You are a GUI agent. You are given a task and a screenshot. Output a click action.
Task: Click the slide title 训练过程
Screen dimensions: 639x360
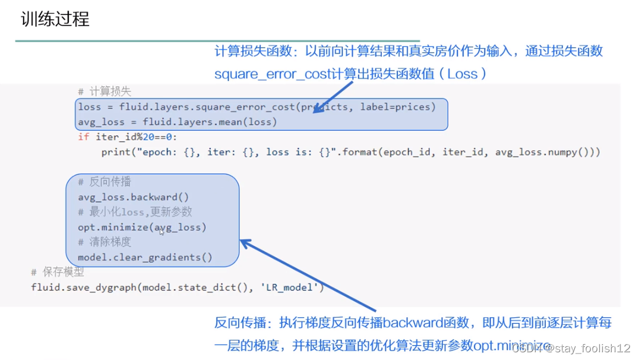(x=55, y=19)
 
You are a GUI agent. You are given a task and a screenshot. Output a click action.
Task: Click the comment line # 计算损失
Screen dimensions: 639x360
(x=105, y=91)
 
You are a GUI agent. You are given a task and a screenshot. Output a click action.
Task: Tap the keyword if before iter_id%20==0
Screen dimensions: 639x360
(x=84, y=137)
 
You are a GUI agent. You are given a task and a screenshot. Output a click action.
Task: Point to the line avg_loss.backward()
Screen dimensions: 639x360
(x=133, y=197)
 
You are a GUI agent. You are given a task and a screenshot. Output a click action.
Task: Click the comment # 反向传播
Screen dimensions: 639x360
(x=105, y=182)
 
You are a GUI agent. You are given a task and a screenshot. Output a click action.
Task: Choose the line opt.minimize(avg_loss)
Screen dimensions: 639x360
(x=142, y=227)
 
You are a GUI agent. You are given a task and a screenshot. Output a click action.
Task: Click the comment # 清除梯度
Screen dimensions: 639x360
(x=105, y=242)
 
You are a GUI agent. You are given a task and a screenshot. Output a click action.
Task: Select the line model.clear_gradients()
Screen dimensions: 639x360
(x=145, y=257)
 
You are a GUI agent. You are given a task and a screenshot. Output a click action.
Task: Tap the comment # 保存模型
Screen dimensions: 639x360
(x=58, y=272)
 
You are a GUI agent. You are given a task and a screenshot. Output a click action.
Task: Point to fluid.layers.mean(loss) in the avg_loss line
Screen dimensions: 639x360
(x=210, y=122)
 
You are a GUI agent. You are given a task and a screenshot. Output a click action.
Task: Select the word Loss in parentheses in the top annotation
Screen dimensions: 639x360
(x=463, y=74)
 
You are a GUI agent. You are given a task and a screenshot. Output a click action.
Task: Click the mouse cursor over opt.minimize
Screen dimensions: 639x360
(x=162, y=232)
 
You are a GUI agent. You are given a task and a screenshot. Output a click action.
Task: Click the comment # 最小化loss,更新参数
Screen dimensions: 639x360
(x=141, y=212)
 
